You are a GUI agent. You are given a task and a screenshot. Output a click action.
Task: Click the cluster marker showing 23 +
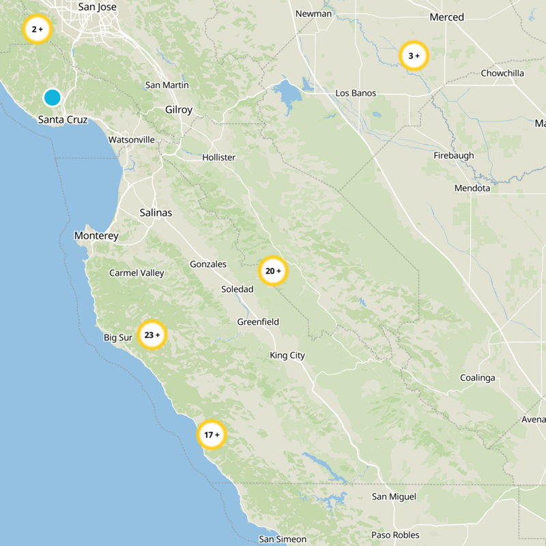152,334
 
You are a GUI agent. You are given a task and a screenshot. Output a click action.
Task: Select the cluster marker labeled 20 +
273,271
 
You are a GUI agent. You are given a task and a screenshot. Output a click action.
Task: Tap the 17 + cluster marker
212,434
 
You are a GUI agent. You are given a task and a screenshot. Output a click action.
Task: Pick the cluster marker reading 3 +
414,56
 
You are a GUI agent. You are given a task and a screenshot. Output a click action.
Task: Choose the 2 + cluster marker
37,29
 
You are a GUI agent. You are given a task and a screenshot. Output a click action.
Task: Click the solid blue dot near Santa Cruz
53,98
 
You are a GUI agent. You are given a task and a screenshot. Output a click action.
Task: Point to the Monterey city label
96,236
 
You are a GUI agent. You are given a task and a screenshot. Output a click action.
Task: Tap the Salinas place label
156,213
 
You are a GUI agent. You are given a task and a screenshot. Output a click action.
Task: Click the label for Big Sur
117,338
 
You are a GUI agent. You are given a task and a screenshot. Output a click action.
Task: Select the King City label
287,356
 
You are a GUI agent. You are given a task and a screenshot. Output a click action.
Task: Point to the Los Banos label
356,94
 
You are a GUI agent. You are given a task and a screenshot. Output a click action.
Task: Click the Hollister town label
218,158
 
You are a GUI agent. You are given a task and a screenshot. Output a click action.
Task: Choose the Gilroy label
179,110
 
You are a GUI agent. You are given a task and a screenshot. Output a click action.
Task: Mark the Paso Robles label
395,535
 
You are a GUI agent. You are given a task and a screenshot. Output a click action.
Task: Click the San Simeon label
283,539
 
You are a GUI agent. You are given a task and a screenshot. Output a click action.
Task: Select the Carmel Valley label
136,273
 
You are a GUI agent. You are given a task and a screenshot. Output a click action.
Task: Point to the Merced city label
447,17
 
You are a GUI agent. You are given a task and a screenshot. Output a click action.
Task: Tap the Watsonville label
132,140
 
